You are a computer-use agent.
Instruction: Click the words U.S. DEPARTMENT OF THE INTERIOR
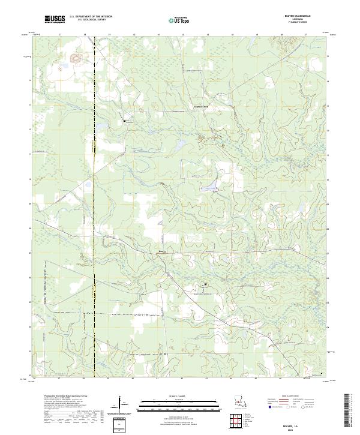pos(91,17)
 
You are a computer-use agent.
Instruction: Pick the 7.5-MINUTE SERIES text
pos(301,24)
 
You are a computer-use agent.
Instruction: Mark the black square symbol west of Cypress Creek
pos(125,121)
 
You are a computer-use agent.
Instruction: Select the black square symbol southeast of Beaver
pos(205,284)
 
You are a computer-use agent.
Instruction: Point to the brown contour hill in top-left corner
pos(76,59)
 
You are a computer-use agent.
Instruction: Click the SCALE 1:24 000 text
pos(180,395)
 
